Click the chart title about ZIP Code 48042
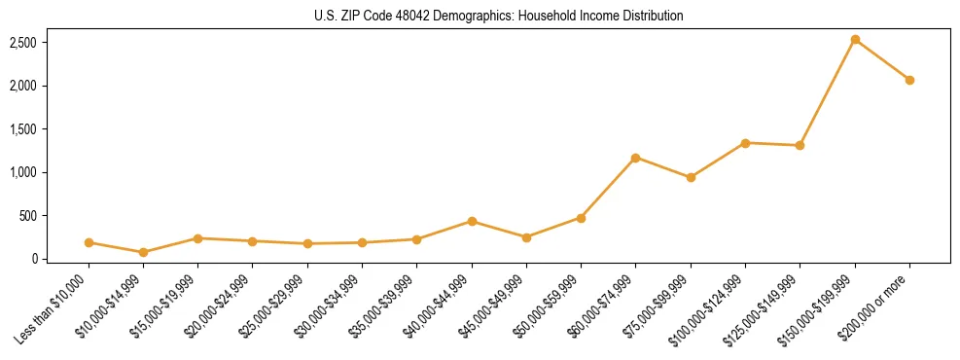pyautogui.click(x=499, y=16)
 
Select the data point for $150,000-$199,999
pyautogui.click(x=855, y=40)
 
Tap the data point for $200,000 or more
pyautogui.click(x=909, y=80)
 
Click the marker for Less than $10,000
pyautogui.click(x=89, y=242)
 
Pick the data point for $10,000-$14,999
pyautogui.click(x=144, y=252)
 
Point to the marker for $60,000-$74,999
pyautogui.click(x=636, y=158)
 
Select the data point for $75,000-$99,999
pyautogui.click(x=691, y=177)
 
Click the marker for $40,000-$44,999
pyautogui.click(x=472, y=221)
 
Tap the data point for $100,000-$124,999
pyautogui.click(x=745, y=143)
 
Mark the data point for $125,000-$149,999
pyautogui.click(x=800, y=145)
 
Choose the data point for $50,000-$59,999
pyautogui.click(x=581, y=218)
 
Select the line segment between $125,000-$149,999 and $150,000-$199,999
pyautogui.click(x=828, y=92)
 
